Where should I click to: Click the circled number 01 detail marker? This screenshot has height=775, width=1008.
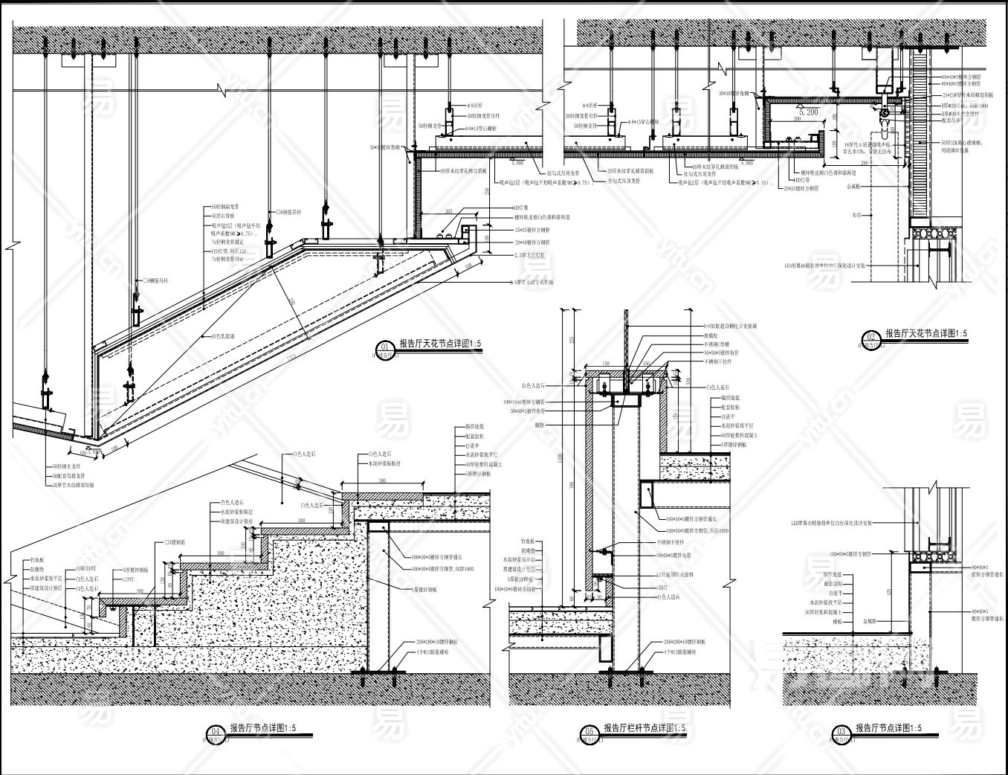(x=384, y=346)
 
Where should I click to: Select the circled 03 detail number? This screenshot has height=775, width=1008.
(x=840, y=730)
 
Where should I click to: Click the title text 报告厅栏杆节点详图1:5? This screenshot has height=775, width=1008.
(x=644, y=728)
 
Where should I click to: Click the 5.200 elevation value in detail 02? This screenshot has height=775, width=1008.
(x=808, y=111)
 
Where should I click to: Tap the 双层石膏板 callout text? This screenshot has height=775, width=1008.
(x=222, y=214)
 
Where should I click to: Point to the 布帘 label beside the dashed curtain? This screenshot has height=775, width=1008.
(x=856, y=213)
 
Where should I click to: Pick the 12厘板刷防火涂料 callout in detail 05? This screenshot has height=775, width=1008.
(x=676, y=577)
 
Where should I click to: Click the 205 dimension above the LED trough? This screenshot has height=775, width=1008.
(x=450, y=212)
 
